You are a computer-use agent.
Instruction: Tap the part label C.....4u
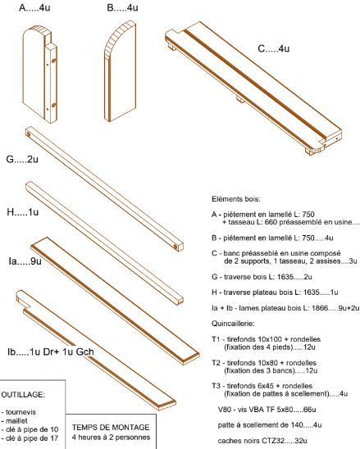coord(275,49)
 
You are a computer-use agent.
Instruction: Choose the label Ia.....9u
coord(26,262)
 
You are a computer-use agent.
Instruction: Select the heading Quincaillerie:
coord(236,322)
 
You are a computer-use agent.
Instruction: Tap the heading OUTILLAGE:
coord(26,393)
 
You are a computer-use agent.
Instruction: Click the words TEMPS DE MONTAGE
coord(110,427)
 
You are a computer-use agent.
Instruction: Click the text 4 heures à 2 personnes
coord(110,437)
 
